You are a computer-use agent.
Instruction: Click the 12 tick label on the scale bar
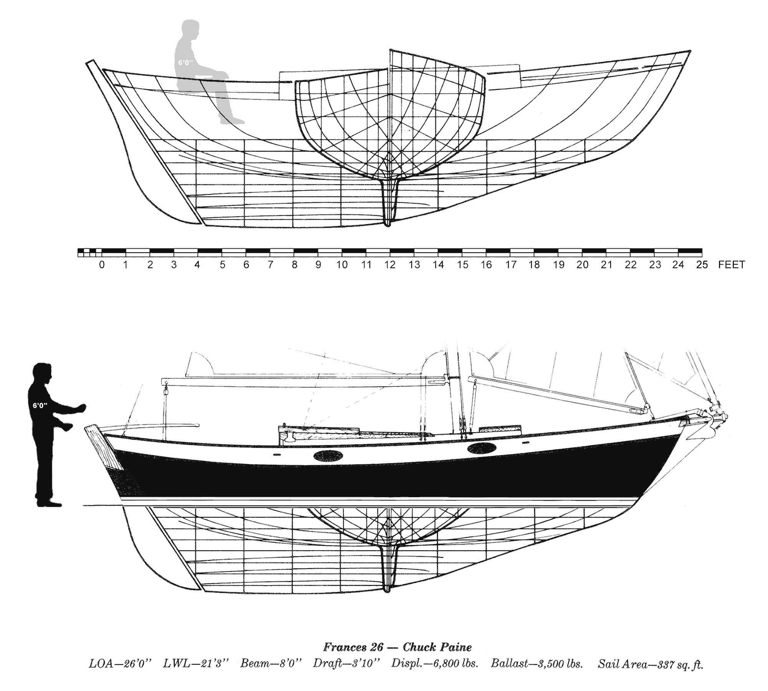(x=390, y=265)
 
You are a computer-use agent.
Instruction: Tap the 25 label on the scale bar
(x=702, y=265)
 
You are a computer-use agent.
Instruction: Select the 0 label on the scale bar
(x=102, y=265)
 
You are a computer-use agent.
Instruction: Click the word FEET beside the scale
(x=732, y=265)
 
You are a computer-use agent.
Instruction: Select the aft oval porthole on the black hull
(x=328, y=456)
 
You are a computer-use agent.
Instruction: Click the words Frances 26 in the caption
(x=353, y=648)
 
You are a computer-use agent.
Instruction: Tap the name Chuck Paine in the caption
(x=437, y=648)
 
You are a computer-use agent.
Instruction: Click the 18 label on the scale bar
(x=534, y=265)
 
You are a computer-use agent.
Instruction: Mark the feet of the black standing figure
(x=49, y=503)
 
